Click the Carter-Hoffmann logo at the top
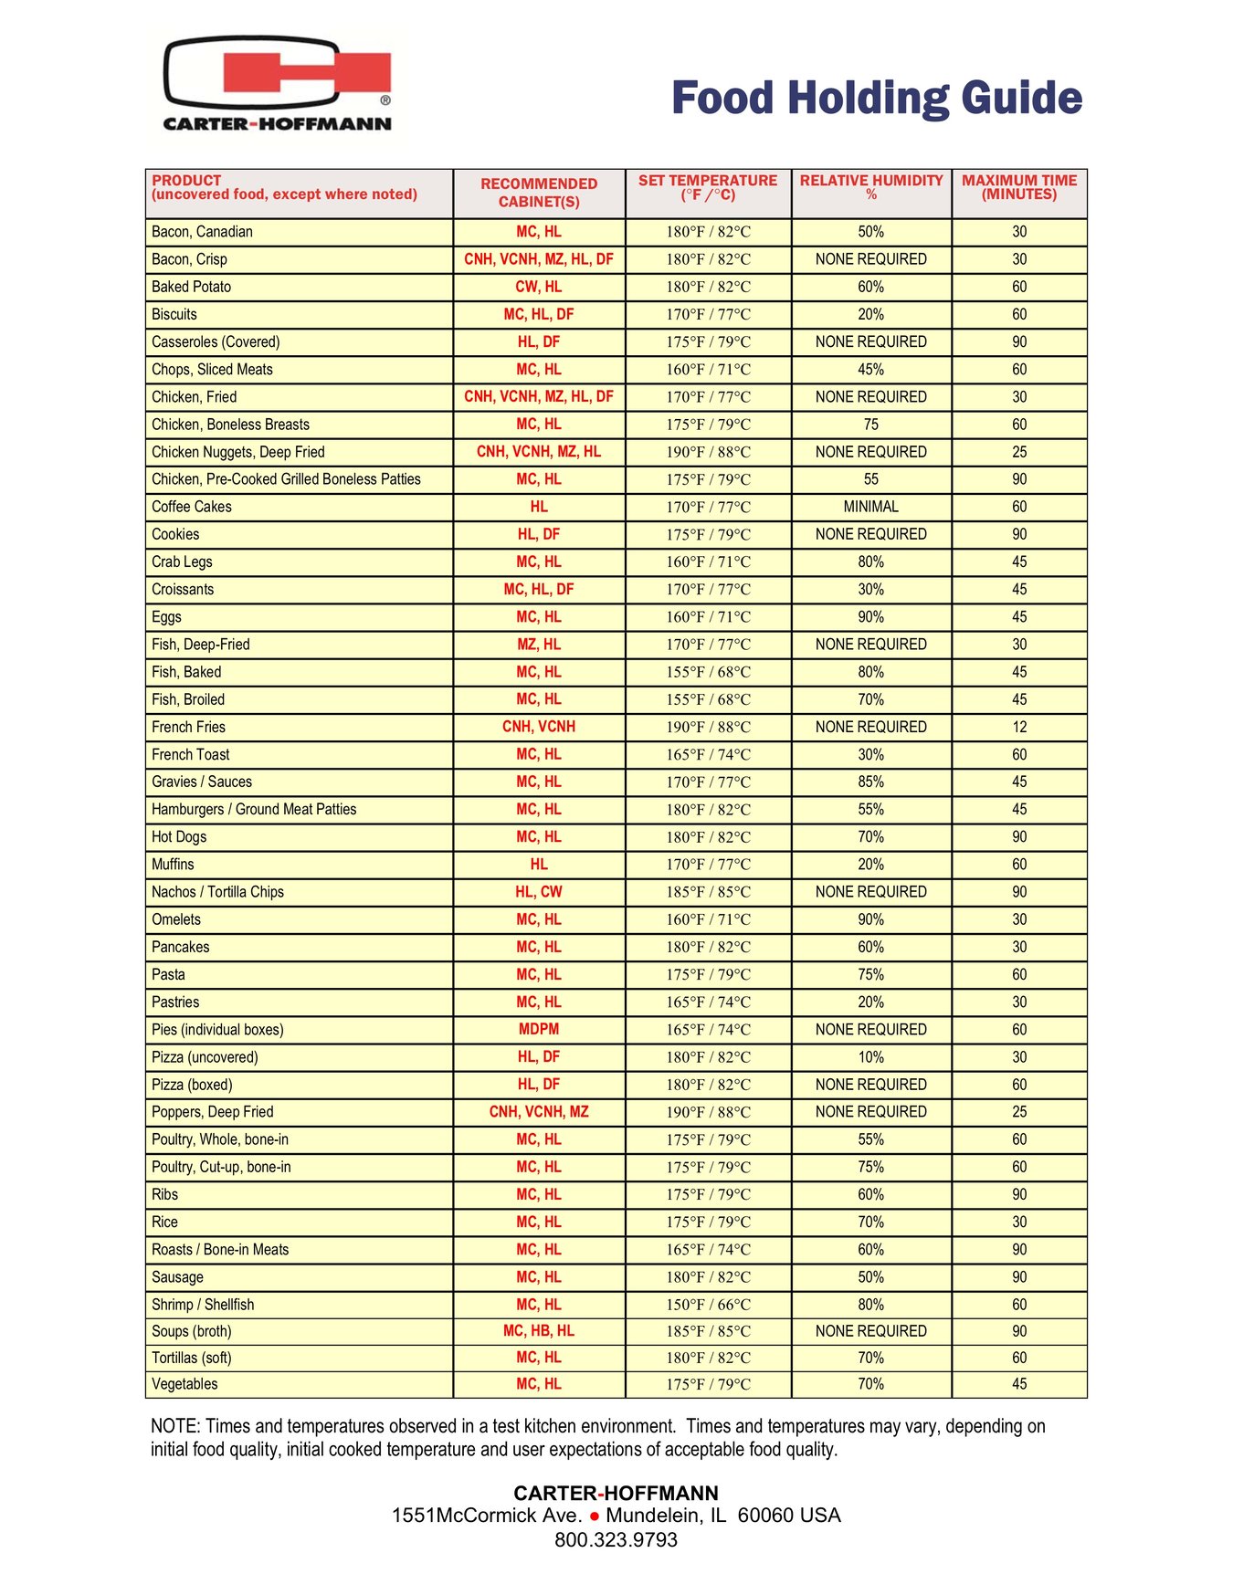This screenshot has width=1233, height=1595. pos(278,84)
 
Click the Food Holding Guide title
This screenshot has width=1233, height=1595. pos(876,99)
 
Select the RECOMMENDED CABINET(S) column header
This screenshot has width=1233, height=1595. pos(539,193)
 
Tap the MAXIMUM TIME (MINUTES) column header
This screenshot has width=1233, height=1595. pos(1019,187)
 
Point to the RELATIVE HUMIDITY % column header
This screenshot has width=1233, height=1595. pos(871,187)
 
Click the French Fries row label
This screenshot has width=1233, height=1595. pos(188,727)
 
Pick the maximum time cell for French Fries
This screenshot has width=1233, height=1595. pos(1019,727)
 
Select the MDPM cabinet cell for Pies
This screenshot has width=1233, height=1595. pos(539,1029)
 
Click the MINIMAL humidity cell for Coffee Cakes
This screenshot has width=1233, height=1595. pos(871,507)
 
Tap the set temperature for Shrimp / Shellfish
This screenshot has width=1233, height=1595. pos(708,1305)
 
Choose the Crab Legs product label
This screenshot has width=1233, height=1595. pos(182,561)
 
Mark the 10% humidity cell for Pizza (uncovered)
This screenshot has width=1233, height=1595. pos(871,1057)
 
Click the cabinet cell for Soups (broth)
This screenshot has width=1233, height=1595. pos(539,1331)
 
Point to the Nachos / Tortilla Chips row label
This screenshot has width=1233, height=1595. pos(217,892)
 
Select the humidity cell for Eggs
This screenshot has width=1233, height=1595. pos(871,617)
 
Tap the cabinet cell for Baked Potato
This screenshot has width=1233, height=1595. pos(539,287)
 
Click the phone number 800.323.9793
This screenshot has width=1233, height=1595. pos(616,1540)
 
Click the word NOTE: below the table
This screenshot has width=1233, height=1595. pos(175,1426)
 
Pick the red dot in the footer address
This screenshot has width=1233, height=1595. pos(595,1516)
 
